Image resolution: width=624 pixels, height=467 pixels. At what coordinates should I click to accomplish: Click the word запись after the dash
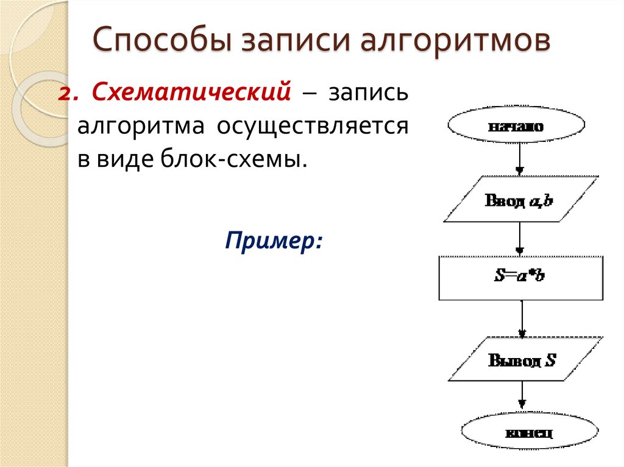point(368,95)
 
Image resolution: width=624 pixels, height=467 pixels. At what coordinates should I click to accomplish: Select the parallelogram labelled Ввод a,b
point(519,199)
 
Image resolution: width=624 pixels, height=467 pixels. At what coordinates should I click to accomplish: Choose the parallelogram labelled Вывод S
point(522,359)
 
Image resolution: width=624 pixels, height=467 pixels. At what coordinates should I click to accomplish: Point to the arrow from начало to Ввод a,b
point(519,160)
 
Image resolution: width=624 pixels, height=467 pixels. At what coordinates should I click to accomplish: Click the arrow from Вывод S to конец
point(522,398)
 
